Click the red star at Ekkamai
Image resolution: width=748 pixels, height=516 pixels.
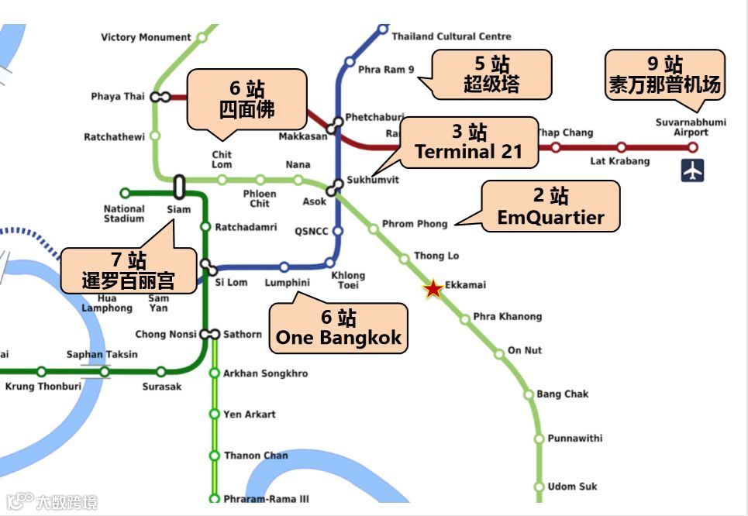pos(433,289)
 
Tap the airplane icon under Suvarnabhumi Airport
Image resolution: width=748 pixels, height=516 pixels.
pos(692,170)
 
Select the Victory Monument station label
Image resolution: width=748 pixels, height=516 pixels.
pos(146,37)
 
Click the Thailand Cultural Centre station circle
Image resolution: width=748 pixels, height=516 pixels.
pos(382,29)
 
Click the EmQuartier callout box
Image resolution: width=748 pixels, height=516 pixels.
pos(550,207)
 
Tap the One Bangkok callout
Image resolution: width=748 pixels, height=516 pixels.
pos(339,328)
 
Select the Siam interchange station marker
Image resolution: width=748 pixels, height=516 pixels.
pos(179,187)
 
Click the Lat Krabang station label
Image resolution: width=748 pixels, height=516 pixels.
pos(619,161)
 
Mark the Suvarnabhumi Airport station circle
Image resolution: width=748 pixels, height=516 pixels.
pos(693,147)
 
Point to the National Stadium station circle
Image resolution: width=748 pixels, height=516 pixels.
pos(125,193)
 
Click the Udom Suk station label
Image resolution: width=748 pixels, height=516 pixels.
pos(572,487)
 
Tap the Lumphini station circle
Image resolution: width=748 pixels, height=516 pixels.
pos(284,267)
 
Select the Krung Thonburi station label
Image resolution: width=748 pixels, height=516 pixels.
pos(43,386)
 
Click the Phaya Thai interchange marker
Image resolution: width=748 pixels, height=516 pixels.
pos(160,97)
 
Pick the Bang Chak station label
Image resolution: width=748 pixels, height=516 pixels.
pos(562,394)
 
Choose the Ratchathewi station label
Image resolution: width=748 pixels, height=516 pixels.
pos(114,137)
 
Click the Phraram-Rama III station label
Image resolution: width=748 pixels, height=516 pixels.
pos(265,499)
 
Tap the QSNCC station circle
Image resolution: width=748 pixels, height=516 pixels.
pos(336,231)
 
